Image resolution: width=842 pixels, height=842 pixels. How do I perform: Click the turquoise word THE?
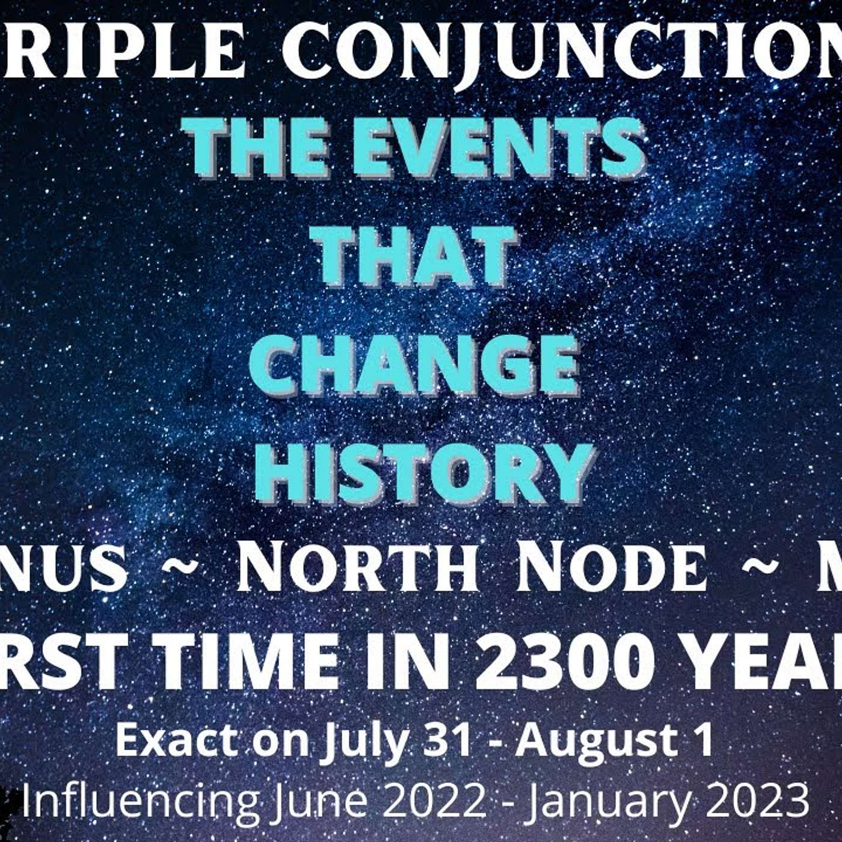point(259,147)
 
